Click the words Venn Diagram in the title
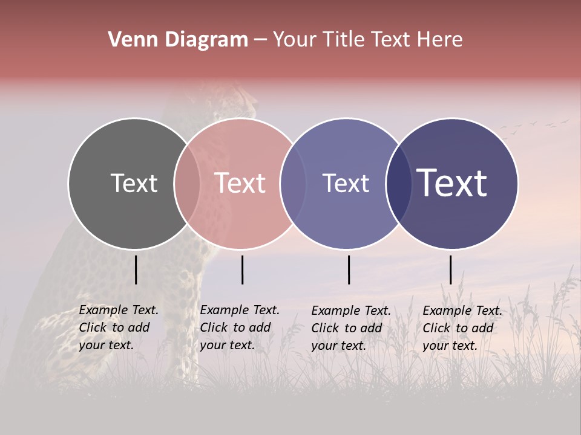click(x=178, y=40)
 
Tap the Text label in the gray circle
click(x=134, y=183)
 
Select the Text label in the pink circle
click(x=240, y=183)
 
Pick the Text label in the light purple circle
click(x=346, y=183)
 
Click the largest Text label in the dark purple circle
click(x=452, y=182)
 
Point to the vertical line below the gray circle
click(x=136, y=269)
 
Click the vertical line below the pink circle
click(x=242, y=269)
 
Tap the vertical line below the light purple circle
click(x=349, y=269)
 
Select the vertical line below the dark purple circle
click(x=450, y=269)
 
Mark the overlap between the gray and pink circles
click(x=187, y=184)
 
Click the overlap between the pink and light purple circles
click(x=293, y=184)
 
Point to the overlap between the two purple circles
click(x=399, y=184)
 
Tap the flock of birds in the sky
click(x=533, y=125)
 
